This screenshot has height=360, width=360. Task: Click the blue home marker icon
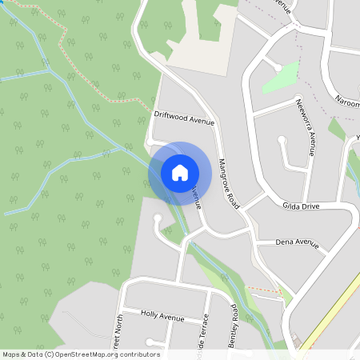[x=180, y=172]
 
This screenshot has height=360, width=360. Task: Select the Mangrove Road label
[x=230, y=183]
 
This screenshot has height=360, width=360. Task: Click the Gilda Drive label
[x=301, y=206]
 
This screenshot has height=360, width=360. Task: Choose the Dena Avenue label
[x=297, y=242]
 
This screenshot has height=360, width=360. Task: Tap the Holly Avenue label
[x=162, y=316]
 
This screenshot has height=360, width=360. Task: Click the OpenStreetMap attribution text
[x=81, y=354]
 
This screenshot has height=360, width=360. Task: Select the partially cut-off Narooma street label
[x=347, y=103]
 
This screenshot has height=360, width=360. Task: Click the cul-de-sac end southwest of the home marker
[x=158, y=218]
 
